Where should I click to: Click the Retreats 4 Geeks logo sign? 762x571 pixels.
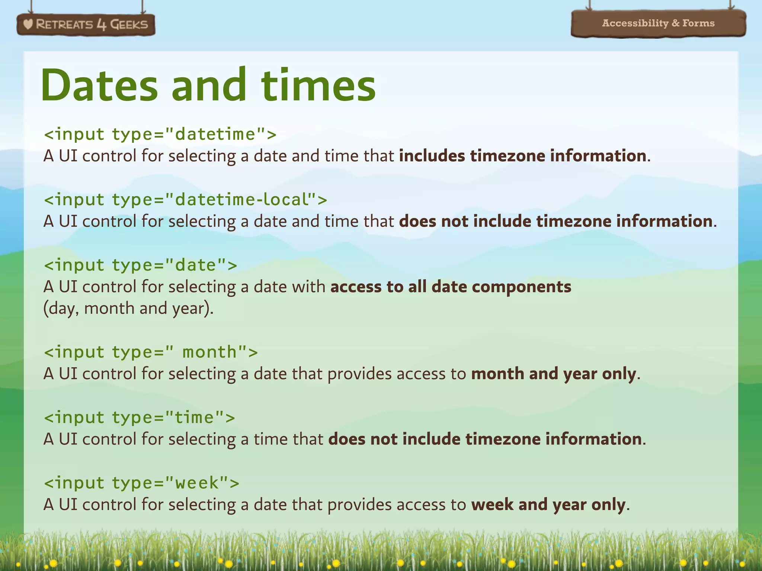[x=86, y=25]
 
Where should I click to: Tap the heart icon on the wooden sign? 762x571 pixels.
[x=28, y=25]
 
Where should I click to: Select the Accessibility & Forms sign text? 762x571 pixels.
[x=658, y=23]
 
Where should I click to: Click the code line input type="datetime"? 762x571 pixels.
[x=160, y=134]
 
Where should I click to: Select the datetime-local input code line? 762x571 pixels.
[x=185, y=200]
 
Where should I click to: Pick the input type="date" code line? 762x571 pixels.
[x=140, y=265]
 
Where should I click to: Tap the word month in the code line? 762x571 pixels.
[x=209, y=352]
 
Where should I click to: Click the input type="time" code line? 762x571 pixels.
[x=139, y=417]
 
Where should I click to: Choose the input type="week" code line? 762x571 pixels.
[x=141, y=483]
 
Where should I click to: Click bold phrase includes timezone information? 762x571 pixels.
[x=523, y=155]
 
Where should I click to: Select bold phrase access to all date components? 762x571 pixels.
[x=451, y=287]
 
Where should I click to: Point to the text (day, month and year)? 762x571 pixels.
[x=128, y=308]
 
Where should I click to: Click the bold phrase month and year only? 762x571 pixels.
[x=554, y=374]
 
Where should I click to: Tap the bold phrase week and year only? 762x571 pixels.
[x=548, y=504]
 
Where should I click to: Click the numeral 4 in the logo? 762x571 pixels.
[x=101, y=25]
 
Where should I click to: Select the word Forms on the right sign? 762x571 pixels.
[x=698, y=23]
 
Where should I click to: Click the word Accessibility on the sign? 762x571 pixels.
[x=635, y=23]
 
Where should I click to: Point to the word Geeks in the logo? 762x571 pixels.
[x=129, y=25]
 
